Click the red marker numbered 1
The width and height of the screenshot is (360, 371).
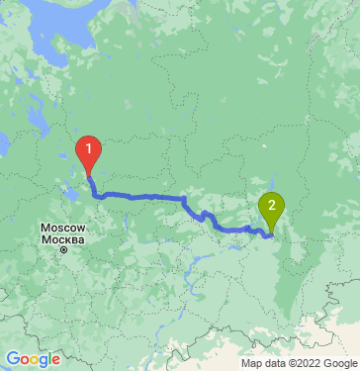tap(89, 149)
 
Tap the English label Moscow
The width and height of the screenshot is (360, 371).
tap(63, 229)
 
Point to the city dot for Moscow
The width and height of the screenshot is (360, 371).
tap(62, 249)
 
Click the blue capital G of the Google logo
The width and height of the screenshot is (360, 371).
tap(11, 358)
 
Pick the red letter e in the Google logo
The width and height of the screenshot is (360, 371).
tap(55, 359)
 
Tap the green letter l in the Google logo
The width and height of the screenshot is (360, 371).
tap(48, 358)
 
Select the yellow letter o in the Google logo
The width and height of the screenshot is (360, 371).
tap(31, 359)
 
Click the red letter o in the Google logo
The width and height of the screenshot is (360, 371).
tap(22, 359)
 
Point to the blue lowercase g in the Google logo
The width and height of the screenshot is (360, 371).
tap(40, 361)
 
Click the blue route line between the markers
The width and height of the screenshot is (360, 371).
tap(148, 197)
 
